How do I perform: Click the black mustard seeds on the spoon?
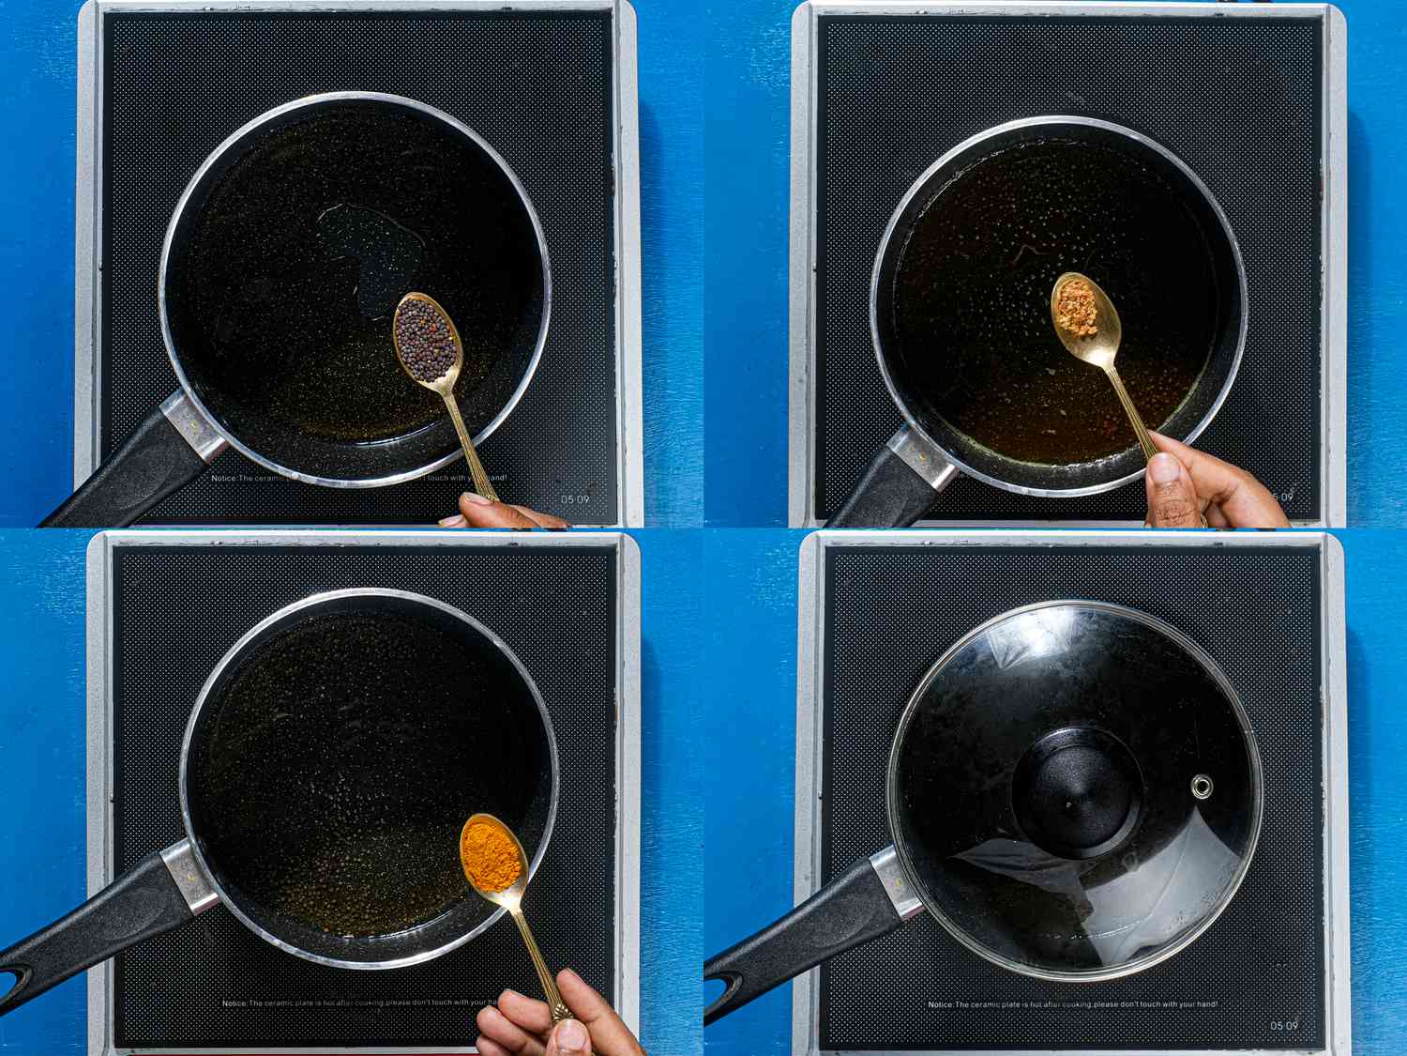[425, 338]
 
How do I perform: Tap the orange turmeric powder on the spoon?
[490, 855]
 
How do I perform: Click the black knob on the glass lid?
[1077, 793]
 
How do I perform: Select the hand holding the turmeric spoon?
[553, 1018]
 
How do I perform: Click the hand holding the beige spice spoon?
[1210, 483]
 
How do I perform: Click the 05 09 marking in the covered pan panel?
[1283, 1025]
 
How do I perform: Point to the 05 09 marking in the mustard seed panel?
[575, 498]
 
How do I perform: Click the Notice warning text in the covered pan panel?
[1072, 1004]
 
